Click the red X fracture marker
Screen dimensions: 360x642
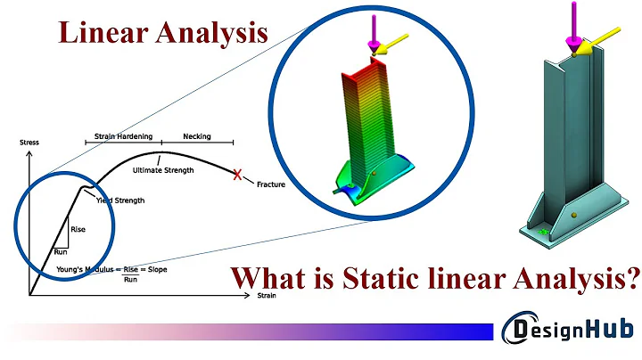(237, 175)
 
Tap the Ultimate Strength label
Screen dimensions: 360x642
(161, 169)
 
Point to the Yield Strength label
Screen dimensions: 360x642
(119, 200)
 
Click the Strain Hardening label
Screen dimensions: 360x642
(123, 137)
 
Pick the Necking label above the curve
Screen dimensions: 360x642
(196, 137)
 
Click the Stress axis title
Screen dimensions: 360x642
(29, 143)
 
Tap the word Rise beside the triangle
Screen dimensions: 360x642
(78, 229)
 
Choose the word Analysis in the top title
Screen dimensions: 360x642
(215, 33)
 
